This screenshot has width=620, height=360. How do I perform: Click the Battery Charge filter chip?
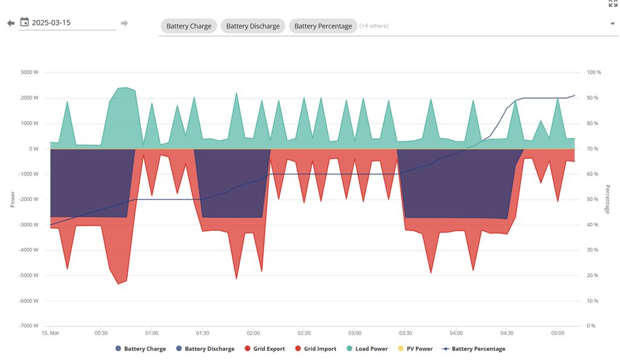189,26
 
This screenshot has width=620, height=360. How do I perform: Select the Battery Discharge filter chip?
253,26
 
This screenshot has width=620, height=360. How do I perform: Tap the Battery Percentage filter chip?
323,26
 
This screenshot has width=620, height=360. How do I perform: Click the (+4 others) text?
374,26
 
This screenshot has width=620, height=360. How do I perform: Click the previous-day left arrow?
10,24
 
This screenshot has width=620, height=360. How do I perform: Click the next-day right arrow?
124,24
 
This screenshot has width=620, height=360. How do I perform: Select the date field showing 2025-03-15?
73,22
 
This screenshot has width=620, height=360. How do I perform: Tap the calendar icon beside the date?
25,22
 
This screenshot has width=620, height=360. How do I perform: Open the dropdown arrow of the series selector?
613,24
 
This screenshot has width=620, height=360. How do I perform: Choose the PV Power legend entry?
416,349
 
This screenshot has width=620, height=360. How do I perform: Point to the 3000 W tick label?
30,73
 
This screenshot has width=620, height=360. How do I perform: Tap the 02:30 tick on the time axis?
304,333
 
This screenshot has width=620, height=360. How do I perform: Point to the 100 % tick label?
594,73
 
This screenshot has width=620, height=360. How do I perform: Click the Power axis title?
12,199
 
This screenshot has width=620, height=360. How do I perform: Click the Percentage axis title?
608,199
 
